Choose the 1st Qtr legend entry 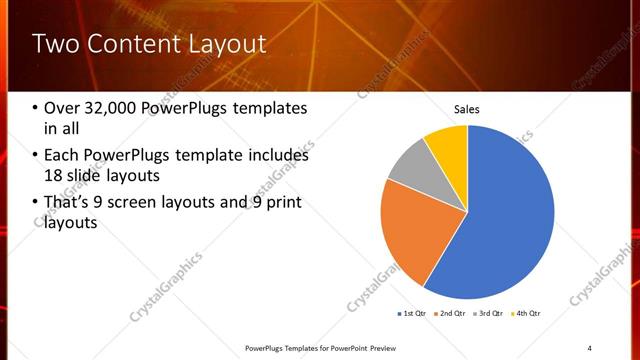pyautogui.click(x=411, y=315)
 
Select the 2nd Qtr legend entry pyautogui.click(x=449, y=315)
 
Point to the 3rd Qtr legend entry pyautogui.click(x=487, y=315)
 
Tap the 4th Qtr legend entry pyautogui.click(x=524, y=315)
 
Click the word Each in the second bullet pyautogui.click(x=62, y=155)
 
